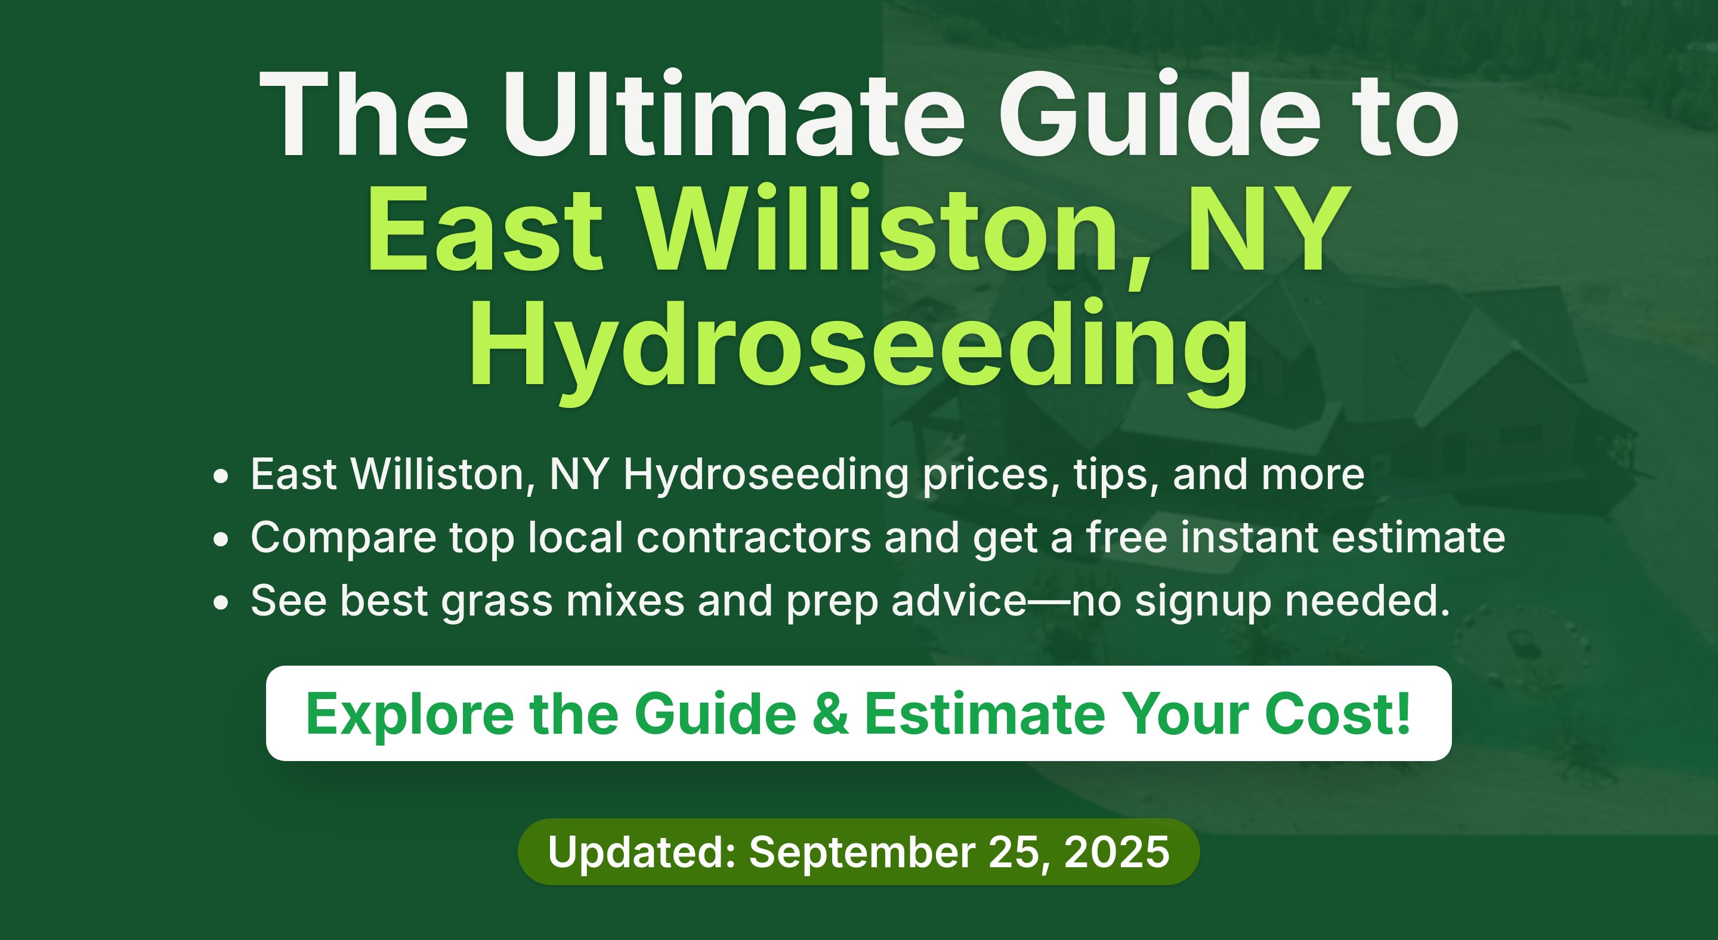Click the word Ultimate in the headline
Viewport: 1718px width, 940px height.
coord(734,114)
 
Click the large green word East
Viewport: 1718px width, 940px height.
coord(485,228)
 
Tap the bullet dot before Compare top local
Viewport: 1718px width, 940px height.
coord(221,539)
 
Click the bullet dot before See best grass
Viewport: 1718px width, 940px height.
coord(221,602)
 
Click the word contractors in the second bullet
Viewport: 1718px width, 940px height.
coord(753,537)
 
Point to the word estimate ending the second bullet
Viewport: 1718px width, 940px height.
coord(1418,537)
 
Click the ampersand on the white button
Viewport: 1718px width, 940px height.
coord(831,714)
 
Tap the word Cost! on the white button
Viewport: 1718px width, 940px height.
coord(1337,714)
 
